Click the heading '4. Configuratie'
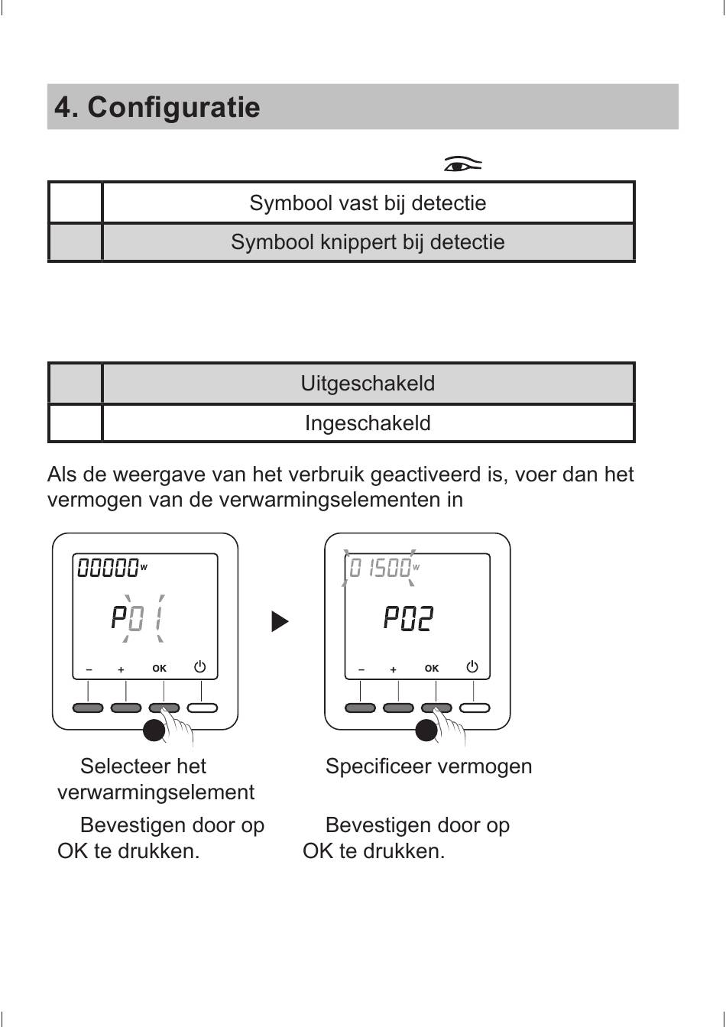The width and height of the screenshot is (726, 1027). tap(157, 107)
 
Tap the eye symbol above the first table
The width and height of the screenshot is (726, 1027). tap(462, 164)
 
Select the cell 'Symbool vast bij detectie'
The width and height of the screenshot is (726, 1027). tap(368, 203)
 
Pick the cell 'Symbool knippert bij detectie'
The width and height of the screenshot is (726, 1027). tap(368, 242)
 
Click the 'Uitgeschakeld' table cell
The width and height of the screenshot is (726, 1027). tap(368, 383)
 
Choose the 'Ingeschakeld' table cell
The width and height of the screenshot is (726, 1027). tap(368, 423)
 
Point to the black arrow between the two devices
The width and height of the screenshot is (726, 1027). tap(280, 621)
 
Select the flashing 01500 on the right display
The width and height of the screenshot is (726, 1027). tap(381, 569)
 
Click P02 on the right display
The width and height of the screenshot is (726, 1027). tap(409, 617)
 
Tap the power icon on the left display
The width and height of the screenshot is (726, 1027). tap(199, 666)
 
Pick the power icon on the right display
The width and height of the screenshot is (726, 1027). tap(472, 666)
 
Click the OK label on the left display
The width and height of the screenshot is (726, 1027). tap(159, 669)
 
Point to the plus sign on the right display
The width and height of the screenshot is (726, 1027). tap(393, 669)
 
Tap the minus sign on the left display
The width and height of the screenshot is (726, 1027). tap(89, 669)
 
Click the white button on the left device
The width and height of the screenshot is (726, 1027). tap(203, 708)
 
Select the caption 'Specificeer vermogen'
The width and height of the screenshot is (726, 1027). tap(429, 766)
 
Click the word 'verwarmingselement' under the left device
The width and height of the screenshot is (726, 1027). tap(156, 792)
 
